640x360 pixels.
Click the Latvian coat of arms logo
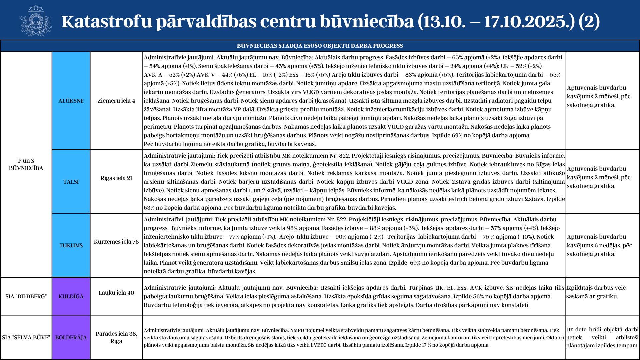pyautogui.click(x=36, y=21)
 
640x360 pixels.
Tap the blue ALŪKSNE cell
pyautogui.click(x=71, y=101)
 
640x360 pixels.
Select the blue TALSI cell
pyautogui.click(x=71, y=182)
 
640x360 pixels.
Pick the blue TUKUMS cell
pyautogui.click(x=71, y=245)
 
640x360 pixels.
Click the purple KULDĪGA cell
pyautogui.click(x=71, y=296)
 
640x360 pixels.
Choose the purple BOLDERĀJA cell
pyautogui.click(x=71, y=337)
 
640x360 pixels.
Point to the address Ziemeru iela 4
pyautogui.click(x=116, y=101)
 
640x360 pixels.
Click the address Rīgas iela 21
pyautogui.click(x=116, y=178)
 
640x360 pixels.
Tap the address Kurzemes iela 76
pyautogui.click(x=116, y=242)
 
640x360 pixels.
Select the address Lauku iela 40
pyautogui.click(x=116, y=293)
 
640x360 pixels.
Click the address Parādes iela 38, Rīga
pyautogui.click(x=116, y=337)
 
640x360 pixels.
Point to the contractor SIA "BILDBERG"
pyautogui.click(x=26, y=296)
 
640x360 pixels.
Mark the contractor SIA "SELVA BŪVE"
pyautogui.click(x=26, y=337)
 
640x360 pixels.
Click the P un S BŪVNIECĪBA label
pyautogui.click(x=26, y=164)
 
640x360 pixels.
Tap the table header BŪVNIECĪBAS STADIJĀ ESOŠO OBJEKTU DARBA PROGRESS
pyautogui.click(x=320, y=46)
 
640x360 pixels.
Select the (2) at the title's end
pyautogui.click(x=589, y=21)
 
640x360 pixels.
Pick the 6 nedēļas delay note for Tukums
pyautogui.click(x=599, y=245)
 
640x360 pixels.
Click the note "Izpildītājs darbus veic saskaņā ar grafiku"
pyautogui.click(x=596, y=292)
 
